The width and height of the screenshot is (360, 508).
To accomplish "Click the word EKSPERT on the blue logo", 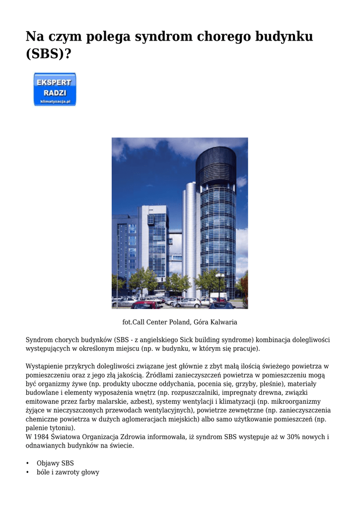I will (55, 82).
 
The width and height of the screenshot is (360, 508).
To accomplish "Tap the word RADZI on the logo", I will (55, 93).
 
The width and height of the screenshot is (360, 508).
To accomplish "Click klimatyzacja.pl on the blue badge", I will (55, 101).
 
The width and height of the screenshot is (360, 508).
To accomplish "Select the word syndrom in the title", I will (163, 36).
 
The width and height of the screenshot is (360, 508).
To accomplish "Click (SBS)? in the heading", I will (49, 54).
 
